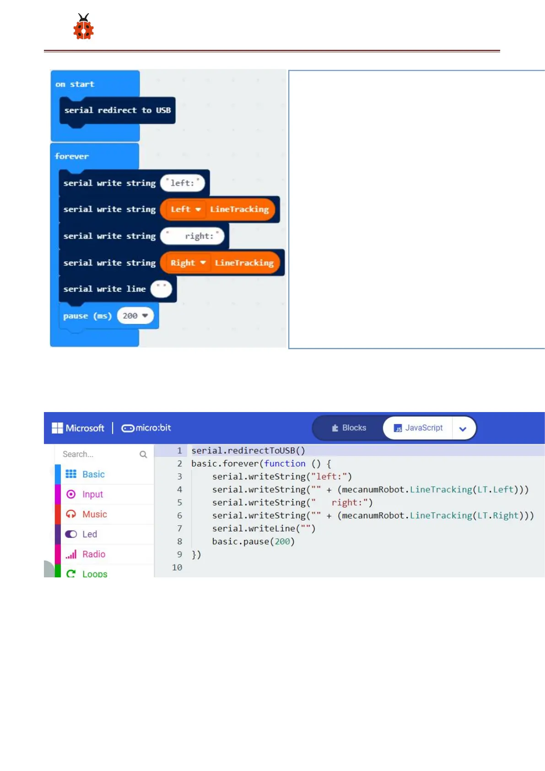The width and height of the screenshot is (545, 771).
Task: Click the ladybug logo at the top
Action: coord(83,27)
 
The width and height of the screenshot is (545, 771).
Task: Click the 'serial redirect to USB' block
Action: coord(117,110)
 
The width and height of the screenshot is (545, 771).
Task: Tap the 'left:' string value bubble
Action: coord(183,183)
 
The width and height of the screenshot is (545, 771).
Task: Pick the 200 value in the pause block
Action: coord(135,316)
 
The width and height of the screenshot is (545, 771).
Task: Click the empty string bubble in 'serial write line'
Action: coord(161,289)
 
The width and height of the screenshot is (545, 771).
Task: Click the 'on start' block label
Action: coord(75,84)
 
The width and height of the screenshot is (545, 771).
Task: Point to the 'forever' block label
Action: coord(72,157)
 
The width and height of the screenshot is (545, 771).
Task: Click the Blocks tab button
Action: coord(349,428)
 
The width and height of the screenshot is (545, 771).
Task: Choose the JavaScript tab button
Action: coord(418,428)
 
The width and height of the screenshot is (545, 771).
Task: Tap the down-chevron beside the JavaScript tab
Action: coord(463,429)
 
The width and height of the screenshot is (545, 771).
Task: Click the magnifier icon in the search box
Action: coord(143,454)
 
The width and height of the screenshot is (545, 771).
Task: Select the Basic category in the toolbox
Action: coord(93,474)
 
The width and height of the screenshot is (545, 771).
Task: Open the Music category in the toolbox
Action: coord(94,514)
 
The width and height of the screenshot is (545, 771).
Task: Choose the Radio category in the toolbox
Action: coord(93,554)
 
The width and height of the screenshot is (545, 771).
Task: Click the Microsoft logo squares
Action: coord(57,428)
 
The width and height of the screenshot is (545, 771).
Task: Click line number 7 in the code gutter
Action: coord(179,528)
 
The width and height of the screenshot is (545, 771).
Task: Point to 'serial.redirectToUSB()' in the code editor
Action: coord(248,451)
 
